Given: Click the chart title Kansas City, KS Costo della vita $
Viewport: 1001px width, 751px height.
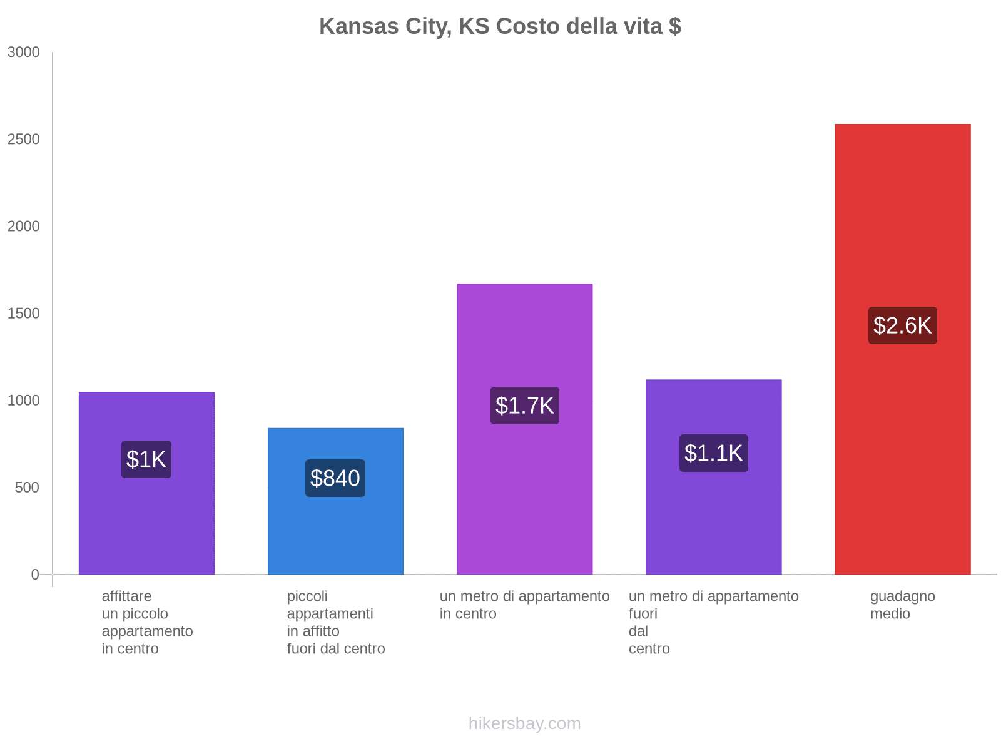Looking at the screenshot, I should pyautogui.click(x=500, y=26).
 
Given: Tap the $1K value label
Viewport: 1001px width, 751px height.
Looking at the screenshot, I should pyautogui.click(x=146, y=459).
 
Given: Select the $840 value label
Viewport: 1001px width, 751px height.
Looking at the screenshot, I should pyautogui.click(x=335, y=478).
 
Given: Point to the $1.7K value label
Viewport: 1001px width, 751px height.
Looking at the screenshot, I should pyautogui.click(x=524, y=406).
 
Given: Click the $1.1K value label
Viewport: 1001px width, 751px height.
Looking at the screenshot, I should pyautogui.click(x=713, y=453).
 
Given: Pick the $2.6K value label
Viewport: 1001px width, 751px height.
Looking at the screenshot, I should pyautogui.click(x=902, y=325).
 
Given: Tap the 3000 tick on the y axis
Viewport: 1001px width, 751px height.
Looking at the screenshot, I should pyautogui.click(x=24, y=53).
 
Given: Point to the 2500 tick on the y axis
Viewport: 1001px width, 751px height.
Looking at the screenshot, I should pyautogui.click(x=24, y=140).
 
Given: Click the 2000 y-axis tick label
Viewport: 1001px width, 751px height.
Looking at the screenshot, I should pyautogui.click(x=24, y=227).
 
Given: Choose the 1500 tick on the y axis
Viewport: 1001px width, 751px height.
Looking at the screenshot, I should pyautogui.click(x=24, y=314).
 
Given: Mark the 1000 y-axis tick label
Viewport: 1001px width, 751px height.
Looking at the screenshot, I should pyautogui.click(x=24, y=401).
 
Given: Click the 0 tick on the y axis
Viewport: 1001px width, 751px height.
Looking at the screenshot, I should pyautogui.click(x=35, y=575).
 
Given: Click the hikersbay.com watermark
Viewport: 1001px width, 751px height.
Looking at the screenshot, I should pyautogui.click(x=524, y=723).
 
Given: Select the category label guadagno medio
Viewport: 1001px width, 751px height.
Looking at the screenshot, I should pyautogui.click(x=902, y=605).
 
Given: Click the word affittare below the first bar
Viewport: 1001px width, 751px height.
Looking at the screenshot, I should pyautogui.click(x=126, y=596).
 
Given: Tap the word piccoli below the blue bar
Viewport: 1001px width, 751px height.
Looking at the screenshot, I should pyautogui.click(x=307, y=596).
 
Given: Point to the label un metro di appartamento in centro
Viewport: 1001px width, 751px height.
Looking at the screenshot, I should pyautogui.click(x=524, y=605).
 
